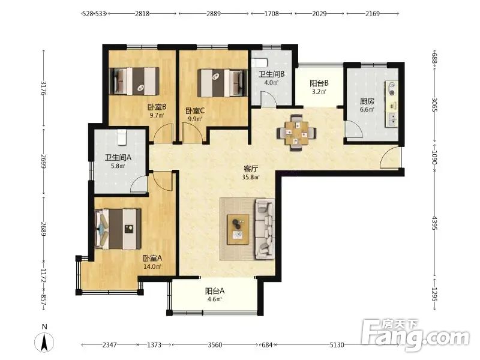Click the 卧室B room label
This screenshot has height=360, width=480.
coord(157,107)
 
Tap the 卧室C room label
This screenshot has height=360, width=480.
coord(195,110)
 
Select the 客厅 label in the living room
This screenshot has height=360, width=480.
coord(251,169)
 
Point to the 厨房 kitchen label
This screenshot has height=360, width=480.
coord(367,101)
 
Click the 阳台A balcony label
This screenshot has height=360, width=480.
coord(215,290)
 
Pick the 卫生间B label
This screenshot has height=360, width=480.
coord(272,74)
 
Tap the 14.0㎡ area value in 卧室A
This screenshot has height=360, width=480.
coord(152,266)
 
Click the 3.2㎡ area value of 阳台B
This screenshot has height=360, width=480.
coord(319,91)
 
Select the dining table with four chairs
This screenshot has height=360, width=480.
coord(296,133)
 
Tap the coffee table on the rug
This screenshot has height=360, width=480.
coord(238,229)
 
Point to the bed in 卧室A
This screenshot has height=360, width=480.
coord(118,229)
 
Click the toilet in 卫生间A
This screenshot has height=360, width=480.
coord(122,137)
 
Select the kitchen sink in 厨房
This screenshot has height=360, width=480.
coord(392,119)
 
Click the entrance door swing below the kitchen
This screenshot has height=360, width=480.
coord(389,157)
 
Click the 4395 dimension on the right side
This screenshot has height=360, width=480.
coord(434,223)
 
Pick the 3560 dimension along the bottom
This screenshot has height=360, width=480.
coord(215,345)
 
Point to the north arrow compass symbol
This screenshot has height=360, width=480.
coord(44,341)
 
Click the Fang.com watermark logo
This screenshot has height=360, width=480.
coord(415,335)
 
